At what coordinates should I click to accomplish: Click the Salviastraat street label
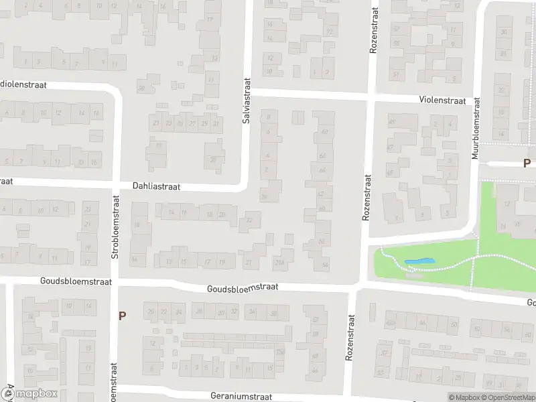click(246, 98)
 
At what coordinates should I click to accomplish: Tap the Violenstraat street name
click(442, 100)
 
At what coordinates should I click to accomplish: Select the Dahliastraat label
click(156, 188)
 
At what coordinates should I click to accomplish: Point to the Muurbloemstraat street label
click(476, 128)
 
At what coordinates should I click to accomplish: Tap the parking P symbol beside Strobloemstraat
click(122, 316)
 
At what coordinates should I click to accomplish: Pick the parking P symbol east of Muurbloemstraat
click(527, 163)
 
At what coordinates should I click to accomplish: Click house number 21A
click(279, 263)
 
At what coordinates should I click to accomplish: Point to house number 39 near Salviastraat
click(214, 159)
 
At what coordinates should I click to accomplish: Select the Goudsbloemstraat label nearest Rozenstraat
click(243, 287)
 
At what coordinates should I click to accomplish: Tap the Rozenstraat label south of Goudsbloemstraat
click(349, 338)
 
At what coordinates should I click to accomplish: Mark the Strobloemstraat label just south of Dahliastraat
click(115, 226)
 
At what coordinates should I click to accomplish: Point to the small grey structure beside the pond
click(413, 275)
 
